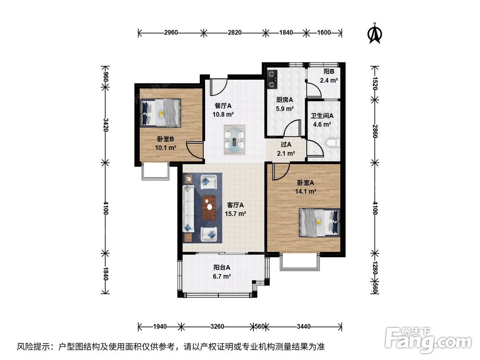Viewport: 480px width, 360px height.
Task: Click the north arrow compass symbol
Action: click(374, 33)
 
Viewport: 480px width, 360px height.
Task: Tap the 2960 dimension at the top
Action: click(171, 33)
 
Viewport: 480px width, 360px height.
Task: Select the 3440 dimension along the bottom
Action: click(303, 326)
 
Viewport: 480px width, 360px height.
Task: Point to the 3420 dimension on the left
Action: click(106, 125)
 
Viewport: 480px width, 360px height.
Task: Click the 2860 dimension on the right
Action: click(375, 131)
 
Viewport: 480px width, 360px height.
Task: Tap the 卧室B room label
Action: click(166, 139)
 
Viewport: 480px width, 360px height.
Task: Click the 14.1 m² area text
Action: click(305, 192)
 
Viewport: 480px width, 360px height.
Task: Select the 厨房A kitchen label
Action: click(285, 100)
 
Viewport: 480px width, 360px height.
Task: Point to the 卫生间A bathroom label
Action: click(322, 116)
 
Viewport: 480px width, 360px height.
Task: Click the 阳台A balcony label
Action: click(222, 267)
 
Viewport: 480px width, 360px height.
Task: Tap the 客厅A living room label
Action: click(235, 205)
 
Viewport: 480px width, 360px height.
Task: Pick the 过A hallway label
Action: click(286, 144)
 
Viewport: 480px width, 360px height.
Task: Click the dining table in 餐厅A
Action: click(235, 140)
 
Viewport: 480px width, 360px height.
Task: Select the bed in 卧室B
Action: click(160, 113)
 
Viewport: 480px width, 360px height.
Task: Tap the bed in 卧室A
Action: click(319, 223)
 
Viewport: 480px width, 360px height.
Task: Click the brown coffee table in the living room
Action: click(209, 208)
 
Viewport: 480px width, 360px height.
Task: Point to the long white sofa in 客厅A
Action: click(188, 209)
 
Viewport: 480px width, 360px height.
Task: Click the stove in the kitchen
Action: click(272, 80)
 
